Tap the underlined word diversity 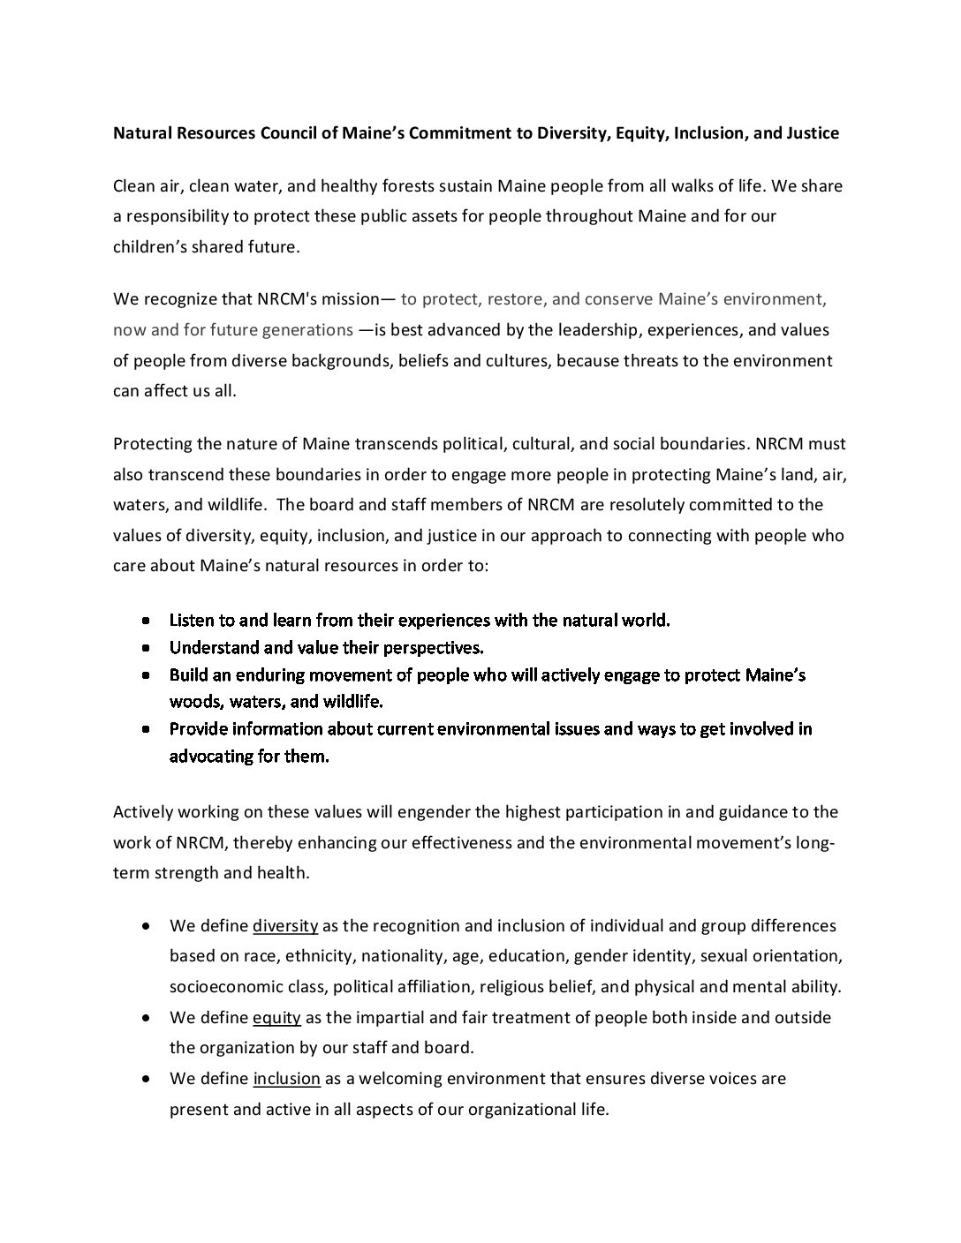pos(285,926)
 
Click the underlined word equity pos(276,1018)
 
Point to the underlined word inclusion pos(286,1079)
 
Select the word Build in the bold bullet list pos(188,675)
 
